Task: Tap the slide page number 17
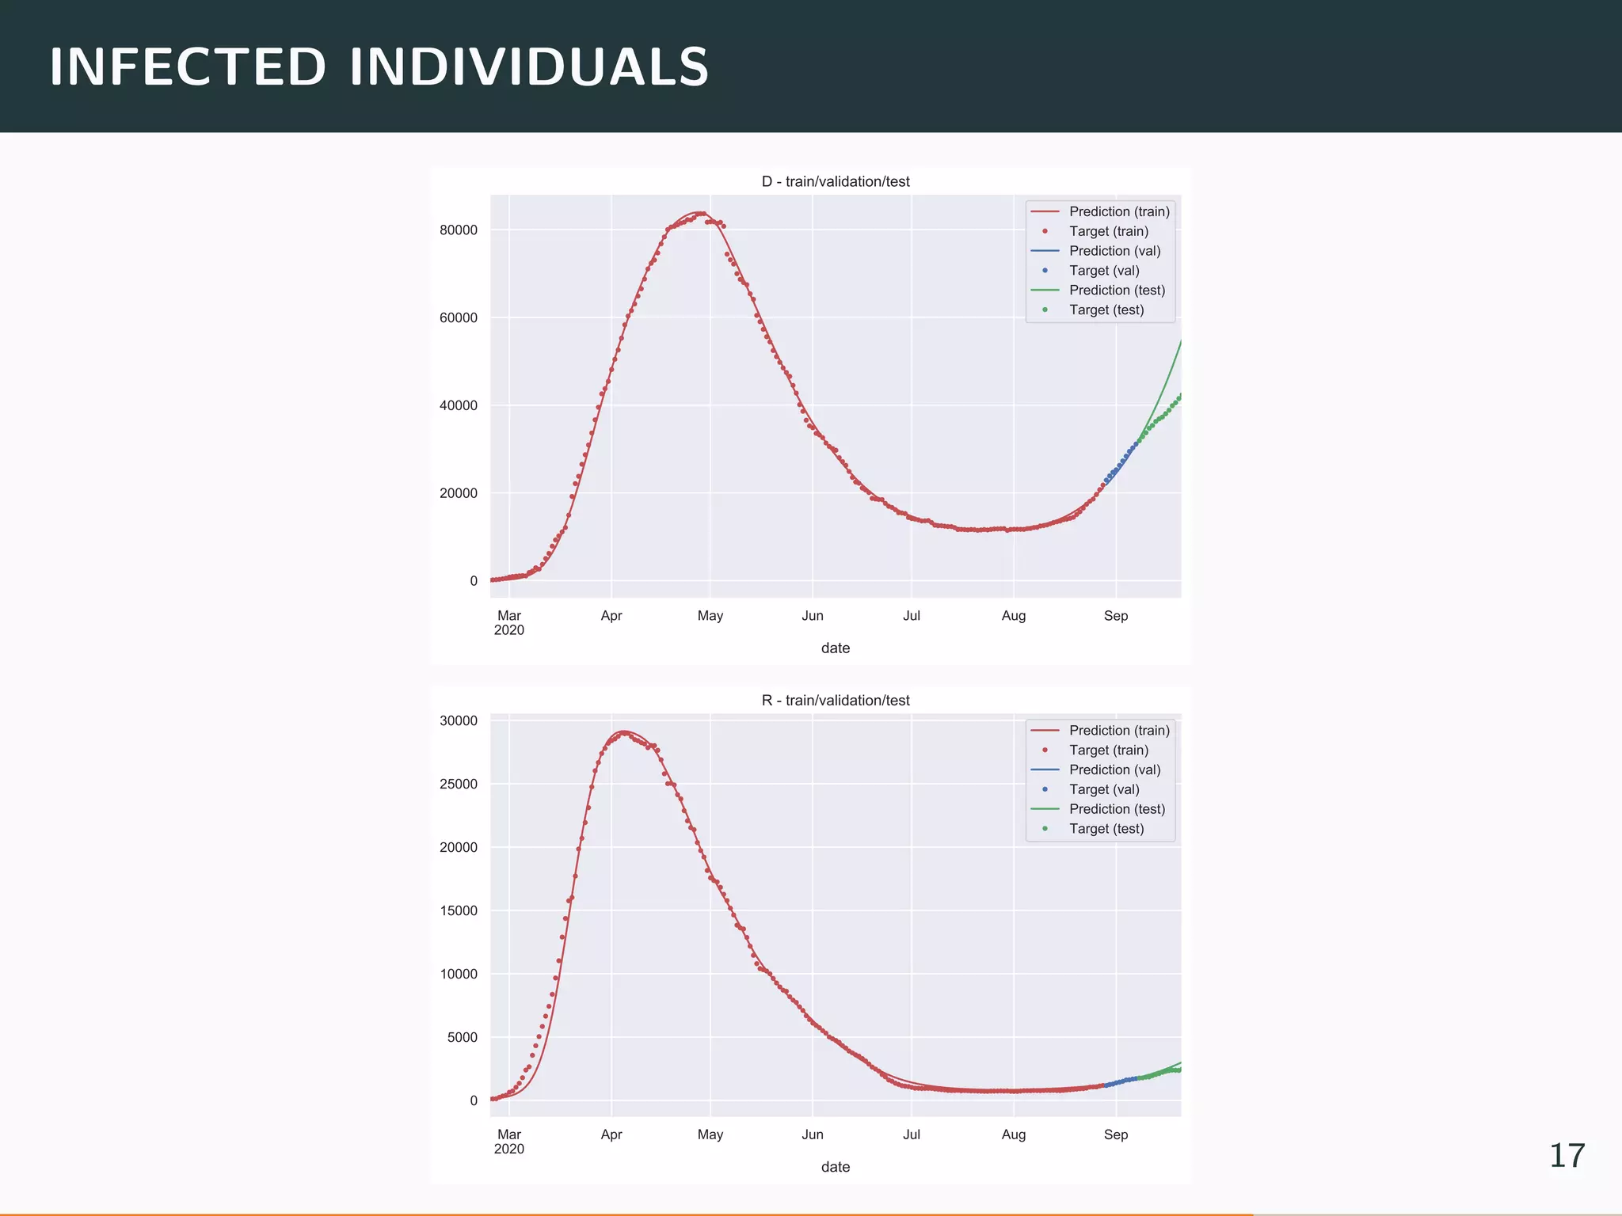(x=1567, y=1156)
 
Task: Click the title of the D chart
(x=836, y=181)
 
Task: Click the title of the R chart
(x=836, y=700)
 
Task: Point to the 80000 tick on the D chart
(x=459, y=230)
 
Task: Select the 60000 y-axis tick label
(x=459, y=318)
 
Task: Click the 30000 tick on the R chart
(x=459, y=720)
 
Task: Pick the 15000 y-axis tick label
(x=459, y=910)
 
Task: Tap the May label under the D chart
(x=710, y=616)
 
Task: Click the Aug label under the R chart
(x=1014, y=1134)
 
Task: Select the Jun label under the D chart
(x=813, y=616)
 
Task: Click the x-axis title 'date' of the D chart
(x=836, y=648)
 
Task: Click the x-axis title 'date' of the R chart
(x=836, y=1167)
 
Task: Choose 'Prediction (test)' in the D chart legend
(x=1117, y=290)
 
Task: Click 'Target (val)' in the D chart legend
(x=1104, y=270)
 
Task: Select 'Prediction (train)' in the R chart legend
(x=1119, y=730)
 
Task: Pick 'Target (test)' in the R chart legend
(x=1106, y=828)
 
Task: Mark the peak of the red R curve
(x=624, y=731)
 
